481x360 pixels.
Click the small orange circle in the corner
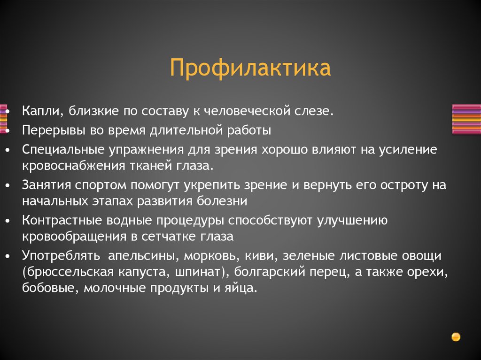pyautogui.click(x=455, y=337)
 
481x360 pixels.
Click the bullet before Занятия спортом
pyautogui.click(x=8, y=185)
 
